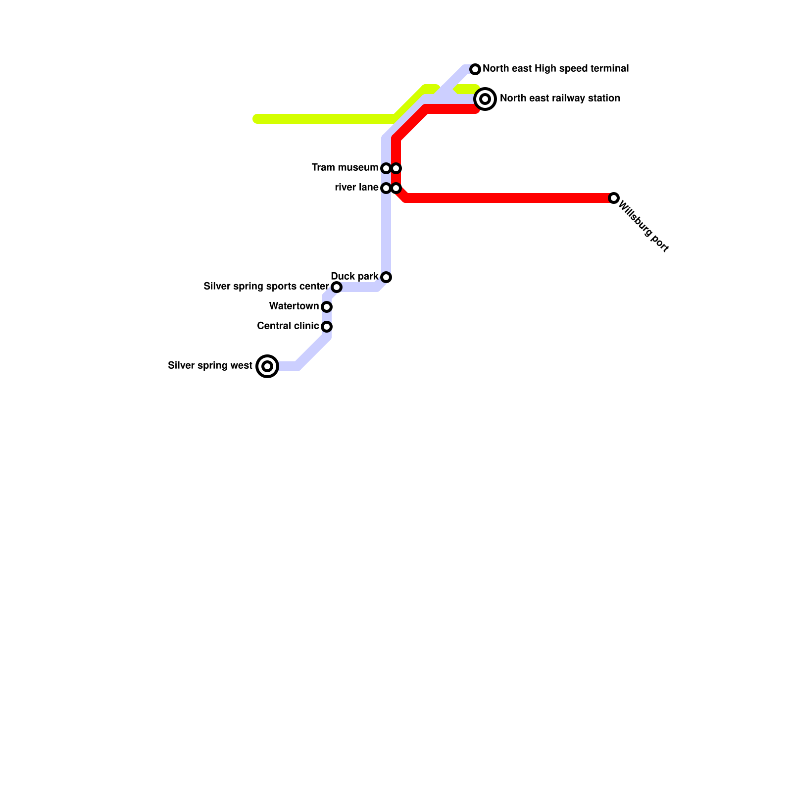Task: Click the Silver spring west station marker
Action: (x=267, y=366)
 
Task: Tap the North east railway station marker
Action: (x=485, y=99)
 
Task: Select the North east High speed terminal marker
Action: (x=475, y=69)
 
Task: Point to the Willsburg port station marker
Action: (x=614, y=198)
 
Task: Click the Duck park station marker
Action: (x=386, y=277)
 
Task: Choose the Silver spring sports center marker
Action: (x=337, y=287)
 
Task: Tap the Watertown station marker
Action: (x=327, y=307)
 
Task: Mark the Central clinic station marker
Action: (x=327, y=327)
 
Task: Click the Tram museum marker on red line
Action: (x=396, y=168)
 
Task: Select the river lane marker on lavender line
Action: (x=386, y=188)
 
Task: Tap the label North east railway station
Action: (x=560, y=99)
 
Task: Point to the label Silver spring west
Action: (x=210, y=366)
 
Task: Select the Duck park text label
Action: (x=354, y=276)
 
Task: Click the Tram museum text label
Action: (x=345, y=168)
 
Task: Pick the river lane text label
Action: (x=356, y=188)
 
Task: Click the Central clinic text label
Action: (x=288, y=326)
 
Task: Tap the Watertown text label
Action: (x=294, y=306)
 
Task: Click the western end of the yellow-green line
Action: (x=256, y=119)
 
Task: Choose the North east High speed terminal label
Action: (x=555, y=69)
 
